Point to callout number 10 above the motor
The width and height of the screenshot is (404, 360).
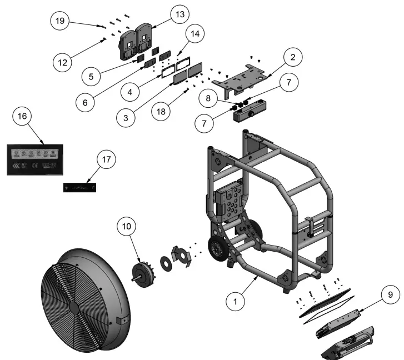coord(127,227)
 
